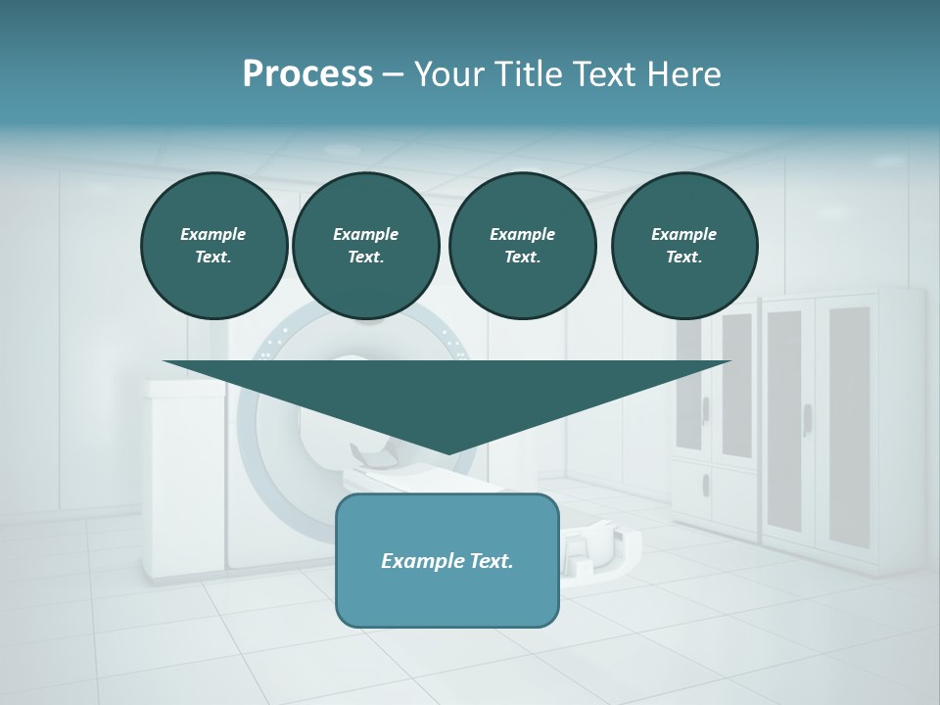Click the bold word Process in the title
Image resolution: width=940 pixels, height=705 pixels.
tap(307, 74)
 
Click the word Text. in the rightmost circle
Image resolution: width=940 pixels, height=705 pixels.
tap(684, 258)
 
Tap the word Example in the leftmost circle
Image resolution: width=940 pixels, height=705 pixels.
tap(213, 234)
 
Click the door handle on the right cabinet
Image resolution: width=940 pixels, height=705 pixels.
tap(807, 419)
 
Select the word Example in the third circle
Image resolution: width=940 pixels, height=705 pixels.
tap(522, 234)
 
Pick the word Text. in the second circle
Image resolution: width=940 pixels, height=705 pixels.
tap(365, 258)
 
